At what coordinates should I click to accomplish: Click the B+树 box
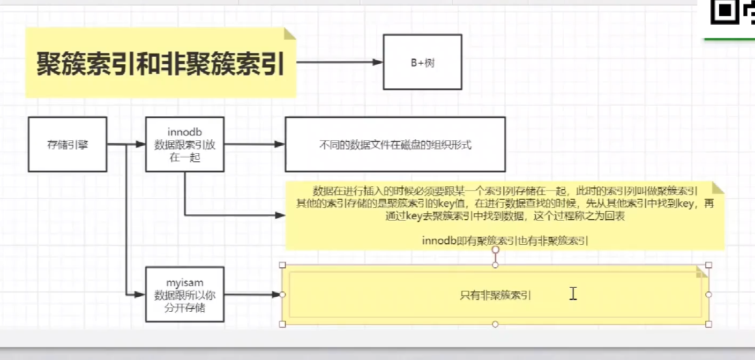coord(422,62)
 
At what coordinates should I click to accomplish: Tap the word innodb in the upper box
coord(185,132)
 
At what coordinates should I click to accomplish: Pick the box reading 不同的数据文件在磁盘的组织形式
coord(395,145)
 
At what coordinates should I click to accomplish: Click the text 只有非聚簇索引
coord(496,295)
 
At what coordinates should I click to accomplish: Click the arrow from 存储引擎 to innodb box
coord(126,144)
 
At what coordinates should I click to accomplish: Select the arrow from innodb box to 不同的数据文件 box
coord(255,144)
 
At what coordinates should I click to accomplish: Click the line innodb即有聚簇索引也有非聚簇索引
coord(505,241)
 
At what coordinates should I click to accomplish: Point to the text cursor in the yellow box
coord(573,293)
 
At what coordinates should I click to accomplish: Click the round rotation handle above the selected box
coord(496,250)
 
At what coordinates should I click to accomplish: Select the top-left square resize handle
coord(282,265)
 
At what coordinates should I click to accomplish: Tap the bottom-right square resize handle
coord(708,324)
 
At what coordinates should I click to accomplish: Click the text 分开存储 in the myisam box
coord(185,308)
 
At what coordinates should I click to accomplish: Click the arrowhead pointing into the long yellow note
coord(280,215)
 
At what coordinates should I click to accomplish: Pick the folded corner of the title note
coord(290,34)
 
